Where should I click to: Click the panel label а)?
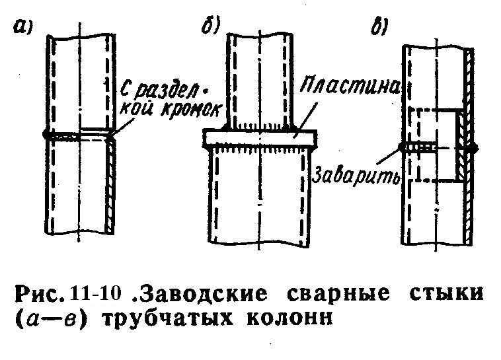pyautogui.click(x=22, y=26)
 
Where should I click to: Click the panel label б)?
pyautogui.click(x=210, y=26)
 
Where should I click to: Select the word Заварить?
pyautogui.click(x=356, y=175)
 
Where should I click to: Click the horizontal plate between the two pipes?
pyautogui.click(x=260, y=137)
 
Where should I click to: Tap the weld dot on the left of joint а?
pyautogui.click(x=46, y=134)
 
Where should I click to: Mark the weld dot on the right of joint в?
pyautogui.click(x=474, y=147)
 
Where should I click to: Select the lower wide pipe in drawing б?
pyautogui.click(x=260, y=196)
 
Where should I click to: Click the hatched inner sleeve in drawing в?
pyautogui.click(x=460, y=145)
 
